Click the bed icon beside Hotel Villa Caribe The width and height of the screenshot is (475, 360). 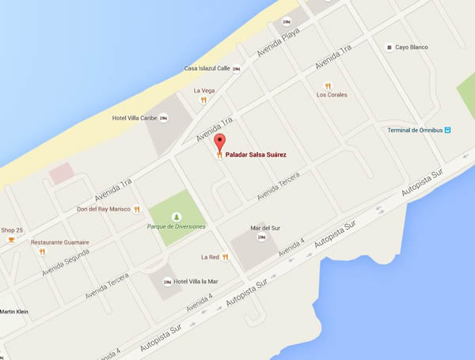pos(164,119)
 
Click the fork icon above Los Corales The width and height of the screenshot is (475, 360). pos(326,85)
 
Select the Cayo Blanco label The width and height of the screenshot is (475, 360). pos(412,47)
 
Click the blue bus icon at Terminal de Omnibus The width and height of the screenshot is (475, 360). pos(447,131)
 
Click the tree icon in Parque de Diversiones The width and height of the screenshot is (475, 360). pos(177,216)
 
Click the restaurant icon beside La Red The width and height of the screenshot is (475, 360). pos(226,257)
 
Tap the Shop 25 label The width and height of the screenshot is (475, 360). pos(12,229)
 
